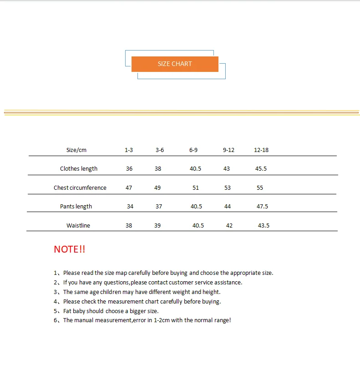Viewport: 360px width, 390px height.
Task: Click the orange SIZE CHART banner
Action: coord(175,64)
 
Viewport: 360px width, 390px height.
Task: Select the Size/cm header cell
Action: coord(76,150)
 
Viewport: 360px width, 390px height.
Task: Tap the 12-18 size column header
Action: coord(261,150)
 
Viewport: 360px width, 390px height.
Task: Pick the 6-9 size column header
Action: coord(193,150)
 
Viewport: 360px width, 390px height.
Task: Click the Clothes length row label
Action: coord(79,169)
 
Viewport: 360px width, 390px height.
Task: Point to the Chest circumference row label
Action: coord(80,188)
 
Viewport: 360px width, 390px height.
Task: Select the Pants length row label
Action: coord(76,207)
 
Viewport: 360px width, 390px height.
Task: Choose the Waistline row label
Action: coord(78,226)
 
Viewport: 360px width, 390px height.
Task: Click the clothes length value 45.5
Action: coord(261,169)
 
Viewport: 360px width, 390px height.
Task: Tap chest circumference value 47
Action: coord(129,188)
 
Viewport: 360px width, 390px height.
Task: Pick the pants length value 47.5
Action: coord(262,207)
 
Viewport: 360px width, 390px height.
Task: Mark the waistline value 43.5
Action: coord(264,226)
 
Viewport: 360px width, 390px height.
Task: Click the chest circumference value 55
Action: coord(260,188)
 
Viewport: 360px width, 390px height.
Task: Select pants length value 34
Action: coord(130,207)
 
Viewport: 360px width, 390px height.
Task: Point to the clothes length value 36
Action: coord(129,169)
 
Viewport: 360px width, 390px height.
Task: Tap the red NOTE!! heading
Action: coord(69,249)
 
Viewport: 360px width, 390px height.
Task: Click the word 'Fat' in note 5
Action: coord(68,311)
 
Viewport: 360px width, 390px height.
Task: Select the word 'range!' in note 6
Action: coord(222,320)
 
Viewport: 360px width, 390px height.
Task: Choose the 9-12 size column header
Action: coord(228,150)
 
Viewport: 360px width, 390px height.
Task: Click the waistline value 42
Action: coord(229,226)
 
